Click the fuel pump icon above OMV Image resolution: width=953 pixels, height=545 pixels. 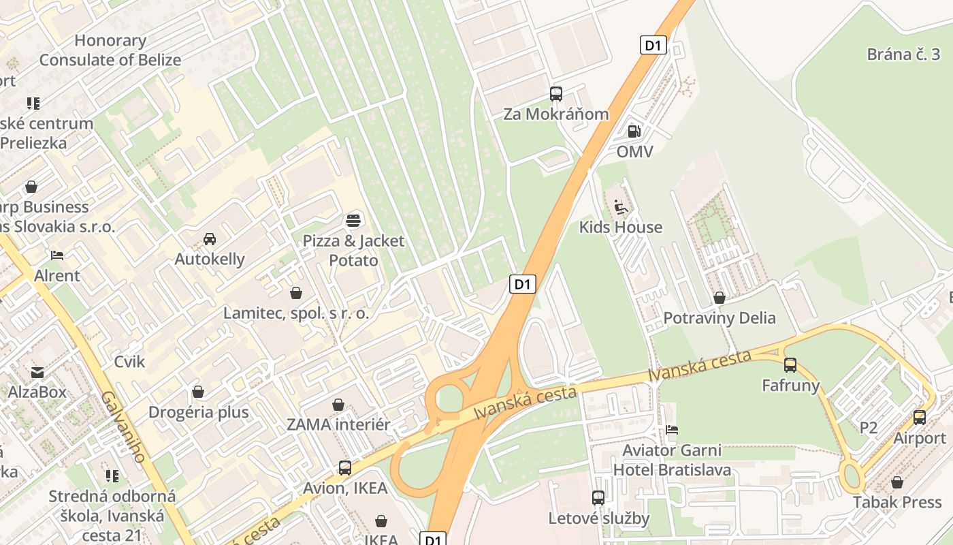coord(634,131)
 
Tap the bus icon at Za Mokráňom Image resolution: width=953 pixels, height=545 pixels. coord(556,94)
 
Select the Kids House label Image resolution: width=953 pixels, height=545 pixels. coord(620,227)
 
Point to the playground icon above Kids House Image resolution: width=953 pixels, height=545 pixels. coord(621,206)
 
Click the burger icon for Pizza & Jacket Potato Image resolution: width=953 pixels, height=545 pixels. coord(353,220)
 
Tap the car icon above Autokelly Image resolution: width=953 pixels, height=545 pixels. coord(210,239)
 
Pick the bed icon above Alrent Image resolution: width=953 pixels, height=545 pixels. coord(57,255)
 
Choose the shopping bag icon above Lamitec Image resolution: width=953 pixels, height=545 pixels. coord(296,293)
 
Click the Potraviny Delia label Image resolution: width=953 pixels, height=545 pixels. coord(720,317)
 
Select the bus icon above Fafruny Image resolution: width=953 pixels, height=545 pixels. coord(790,365)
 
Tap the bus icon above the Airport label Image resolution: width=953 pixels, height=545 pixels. coord(920,418)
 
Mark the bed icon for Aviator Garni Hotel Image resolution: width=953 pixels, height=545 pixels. coord(673,430)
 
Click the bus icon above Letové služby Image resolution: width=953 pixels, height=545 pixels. coord(598,498)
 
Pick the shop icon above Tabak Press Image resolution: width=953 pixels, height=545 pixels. coord(897,482)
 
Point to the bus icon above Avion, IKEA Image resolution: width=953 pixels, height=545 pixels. coord(345,468)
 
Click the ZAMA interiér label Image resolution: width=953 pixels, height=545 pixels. coord(338,424)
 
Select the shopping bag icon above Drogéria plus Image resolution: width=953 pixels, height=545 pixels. coord(198,392)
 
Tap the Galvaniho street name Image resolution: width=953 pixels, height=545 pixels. coord(123,426)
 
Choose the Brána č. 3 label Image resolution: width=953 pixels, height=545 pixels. coord(903,54)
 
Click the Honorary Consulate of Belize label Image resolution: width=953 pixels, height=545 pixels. coord(110,50)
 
